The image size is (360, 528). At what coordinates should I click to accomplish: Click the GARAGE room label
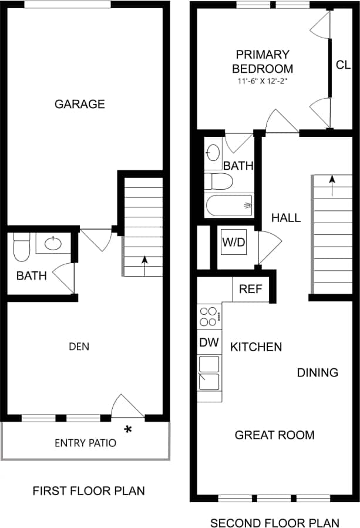[x=80, y=104]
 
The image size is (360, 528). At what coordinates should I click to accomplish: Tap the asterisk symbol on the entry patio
[x=127, y=430]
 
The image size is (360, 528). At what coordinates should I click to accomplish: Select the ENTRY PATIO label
[x=85, y=443]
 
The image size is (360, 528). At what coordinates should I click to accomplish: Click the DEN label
[x=79, y=347]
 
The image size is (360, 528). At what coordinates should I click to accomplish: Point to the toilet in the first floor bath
[x=21, y=247]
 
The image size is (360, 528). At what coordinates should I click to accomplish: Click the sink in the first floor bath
[x=54, y=243]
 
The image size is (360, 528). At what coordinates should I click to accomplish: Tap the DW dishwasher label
[x=208, y=342]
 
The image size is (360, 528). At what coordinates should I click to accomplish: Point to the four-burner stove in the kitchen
[x=208, y=316]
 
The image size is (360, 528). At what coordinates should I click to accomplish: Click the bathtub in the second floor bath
[x=230, y=206]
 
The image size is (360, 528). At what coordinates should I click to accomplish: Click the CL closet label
[x=343, y=65]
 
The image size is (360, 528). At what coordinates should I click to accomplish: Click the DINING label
[x=317, y=372]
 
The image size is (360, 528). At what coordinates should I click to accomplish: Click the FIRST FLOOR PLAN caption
[x=88, y=490]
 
